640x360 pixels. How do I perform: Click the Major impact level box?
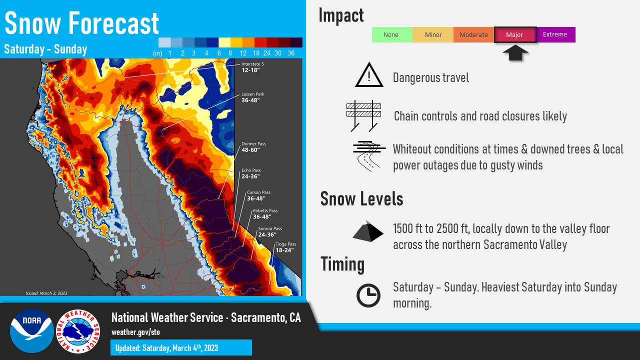515,35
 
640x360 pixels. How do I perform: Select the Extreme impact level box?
555,34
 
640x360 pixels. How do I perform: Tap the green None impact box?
391,35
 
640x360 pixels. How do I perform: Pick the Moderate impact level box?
473,35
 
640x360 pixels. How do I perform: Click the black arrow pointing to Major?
515,52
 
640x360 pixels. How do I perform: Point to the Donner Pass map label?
253,147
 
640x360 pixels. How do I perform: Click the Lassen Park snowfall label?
253,97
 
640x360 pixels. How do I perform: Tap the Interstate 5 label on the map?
253,67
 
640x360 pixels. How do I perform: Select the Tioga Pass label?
285,247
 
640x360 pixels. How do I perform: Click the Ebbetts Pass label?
265,214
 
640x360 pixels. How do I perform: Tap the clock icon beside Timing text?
368,295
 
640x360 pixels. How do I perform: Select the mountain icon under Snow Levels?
369,231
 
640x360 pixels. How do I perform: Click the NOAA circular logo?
32,331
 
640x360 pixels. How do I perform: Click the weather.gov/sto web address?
135,332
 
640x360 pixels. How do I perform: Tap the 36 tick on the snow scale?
291,53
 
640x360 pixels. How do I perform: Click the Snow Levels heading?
361,199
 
